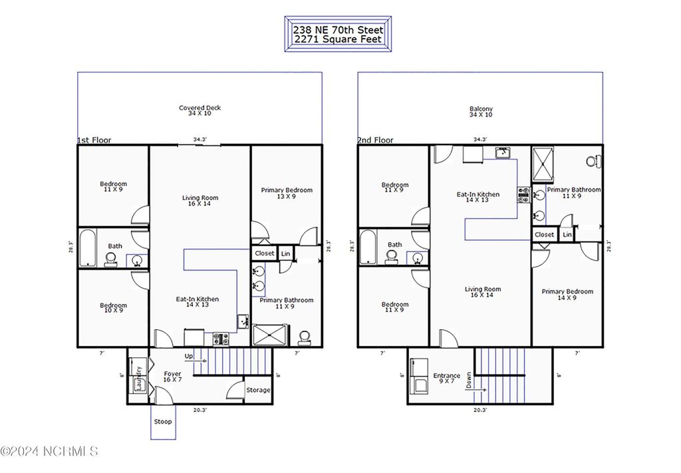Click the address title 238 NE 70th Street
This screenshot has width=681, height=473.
coord(337,30)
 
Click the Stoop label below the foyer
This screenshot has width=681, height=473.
coord(163,422)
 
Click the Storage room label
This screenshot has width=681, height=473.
coord(258,390)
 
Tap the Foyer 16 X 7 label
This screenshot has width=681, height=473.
coord(173,377)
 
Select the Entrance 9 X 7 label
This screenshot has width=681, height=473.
coord(446,379)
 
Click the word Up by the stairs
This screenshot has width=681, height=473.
coord(190,357)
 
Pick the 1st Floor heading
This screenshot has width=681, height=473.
coord(94,140)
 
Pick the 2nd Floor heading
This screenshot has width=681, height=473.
coord(375,140)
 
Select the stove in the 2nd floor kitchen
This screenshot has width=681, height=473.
coord(523,194)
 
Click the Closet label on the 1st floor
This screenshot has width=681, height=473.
coord(264,253)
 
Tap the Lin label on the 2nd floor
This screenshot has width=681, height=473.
coord(567,235)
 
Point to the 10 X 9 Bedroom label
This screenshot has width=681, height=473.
coord(113,309)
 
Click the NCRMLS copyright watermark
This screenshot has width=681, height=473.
coord(50,452)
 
